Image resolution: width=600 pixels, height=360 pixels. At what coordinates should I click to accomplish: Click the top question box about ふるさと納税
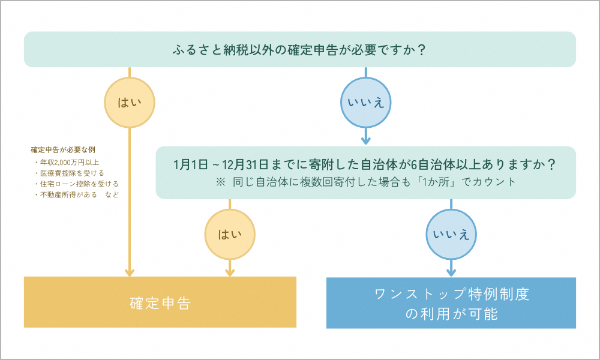pos(300,49)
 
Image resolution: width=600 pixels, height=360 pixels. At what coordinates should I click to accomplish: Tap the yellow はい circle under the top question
pos(130,101)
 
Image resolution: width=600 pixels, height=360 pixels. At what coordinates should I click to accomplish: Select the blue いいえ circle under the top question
pos(365,102)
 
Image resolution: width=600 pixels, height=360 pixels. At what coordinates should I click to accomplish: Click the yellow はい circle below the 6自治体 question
pos(230,233)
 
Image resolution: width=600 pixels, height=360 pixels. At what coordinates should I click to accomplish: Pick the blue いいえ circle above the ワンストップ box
pos(451,233)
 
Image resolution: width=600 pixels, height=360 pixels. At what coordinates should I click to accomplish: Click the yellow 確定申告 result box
pos(160,302)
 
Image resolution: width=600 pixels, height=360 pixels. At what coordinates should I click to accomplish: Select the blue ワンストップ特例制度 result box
pos(451,303)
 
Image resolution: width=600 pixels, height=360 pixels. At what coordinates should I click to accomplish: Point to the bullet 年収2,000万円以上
pos(70,163)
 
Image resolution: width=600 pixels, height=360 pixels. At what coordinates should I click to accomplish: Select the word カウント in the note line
pos(499,181)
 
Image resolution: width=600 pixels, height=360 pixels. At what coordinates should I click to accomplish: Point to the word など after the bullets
pos(112,195)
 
